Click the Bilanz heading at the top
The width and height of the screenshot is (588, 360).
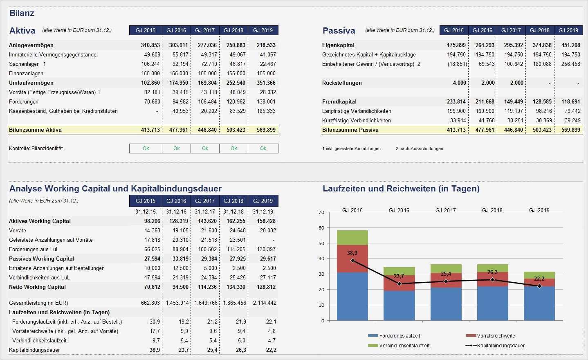point(22,13)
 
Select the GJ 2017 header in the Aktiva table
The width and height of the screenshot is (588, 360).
point(205,30)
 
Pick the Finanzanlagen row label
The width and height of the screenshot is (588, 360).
point(26,73)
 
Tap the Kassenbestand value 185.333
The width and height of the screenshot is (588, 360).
point(266,111)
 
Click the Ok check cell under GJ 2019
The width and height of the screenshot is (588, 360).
point(263,148)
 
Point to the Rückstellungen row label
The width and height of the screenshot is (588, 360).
point(342,83)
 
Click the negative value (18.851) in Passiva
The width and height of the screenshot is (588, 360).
point(456,64)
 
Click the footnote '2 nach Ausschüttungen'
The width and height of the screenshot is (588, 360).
point(419,148)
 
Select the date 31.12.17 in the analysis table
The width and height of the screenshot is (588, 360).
point(205,211)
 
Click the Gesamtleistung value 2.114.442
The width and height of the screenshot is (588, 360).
point(265,303)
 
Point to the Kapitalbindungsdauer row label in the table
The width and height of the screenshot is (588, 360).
point(34,350)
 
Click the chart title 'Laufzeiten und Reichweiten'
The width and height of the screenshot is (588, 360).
point(401,189)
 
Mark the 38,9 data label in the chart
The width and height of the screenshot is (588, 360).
point(352,253)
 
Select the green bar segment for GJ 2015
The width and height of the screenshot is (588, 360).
point(352,238)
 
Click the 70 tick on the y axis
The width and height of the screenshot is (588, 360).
point(321,212)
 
